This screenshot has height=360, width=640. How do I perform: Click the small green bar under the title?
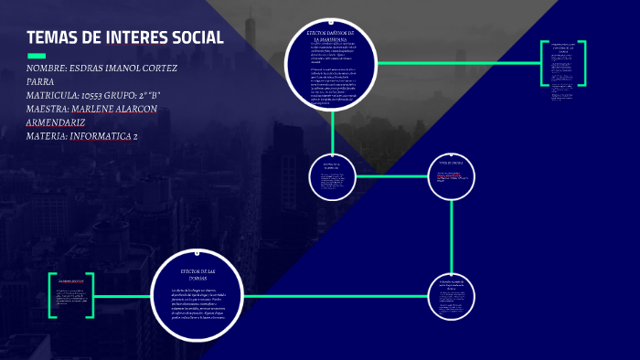pos(37,56)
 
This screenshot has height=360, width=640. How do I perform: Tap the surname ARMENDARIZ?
pos(56,122)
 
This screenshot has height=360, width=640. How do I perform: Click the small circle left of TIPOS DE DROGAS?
pos(332,176)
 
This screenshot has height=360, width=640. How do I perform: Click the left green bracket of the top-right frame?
pos(543,63)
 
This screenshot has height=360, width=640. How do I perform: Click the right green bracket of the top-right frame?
pos(583,63)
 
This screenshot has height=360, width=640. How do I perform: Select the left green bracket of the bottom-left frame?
pos(52,295)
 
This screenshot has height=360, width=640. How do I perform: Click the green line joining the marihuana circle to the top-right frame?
pos(457,63)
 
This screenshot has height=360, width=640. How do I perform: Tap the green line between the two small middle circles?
pos(391,175)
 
